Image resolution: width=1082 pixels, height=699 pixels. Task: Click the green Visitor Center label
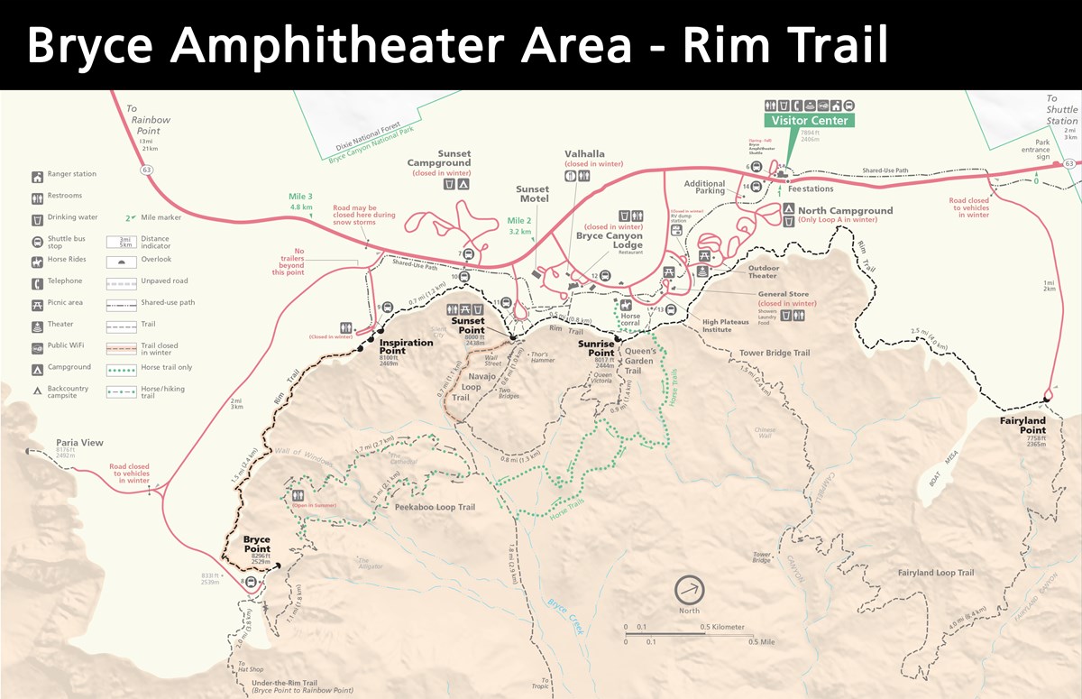point(809,120)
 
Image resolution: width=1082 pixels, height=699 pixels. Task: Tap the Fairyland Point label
point(1022,426)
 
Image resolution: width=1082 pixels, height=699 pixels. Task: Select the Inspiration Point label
point(406,343)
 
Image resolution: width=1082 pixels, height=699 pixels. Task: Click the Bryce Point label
point(256,545)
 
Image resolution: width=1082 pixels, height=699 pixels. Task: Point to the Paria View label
point(79,443)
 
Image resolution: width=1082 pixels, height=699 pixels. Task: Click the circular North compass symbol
point(690,590)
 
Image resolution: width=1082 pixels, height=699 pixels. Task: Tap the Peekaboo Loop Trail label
point(435,507)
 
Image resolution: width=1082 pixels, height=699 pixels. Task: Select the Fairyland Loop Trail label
point(935,573)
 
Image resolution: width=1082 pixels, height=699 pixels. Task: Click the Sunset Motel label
point(532,195)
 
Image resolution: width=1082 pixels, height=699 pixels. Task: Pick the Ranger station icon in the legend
point(38,176)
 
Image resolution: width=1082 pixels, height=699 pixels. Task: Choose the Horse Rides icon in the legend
point(38,261)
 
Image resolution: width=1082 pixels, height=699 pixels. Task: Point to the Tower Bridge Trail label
point(774,353)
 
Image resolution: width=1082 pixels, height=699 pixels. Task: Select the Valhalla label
point(584,154)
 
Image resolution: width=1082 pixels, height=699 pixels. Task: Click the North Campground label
point(845,211)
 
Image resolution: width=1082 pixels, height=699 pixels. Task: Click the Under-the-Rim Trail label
point(284,683)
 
